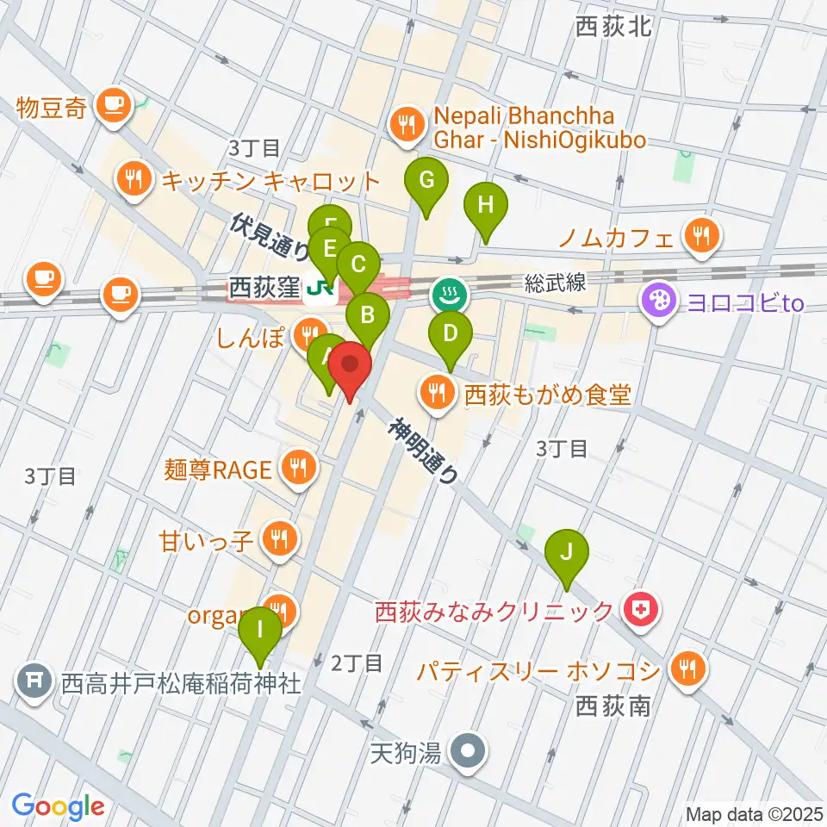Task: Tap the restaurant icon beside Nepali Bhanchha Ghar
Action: click(405, 126)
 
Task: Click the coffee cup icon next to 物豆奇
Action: click(113, 107)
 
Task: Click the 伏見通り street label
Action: click(271, 238)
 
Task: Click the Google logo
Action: click(59, 806)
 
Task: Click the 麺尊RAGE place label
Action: click(218, 469)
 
